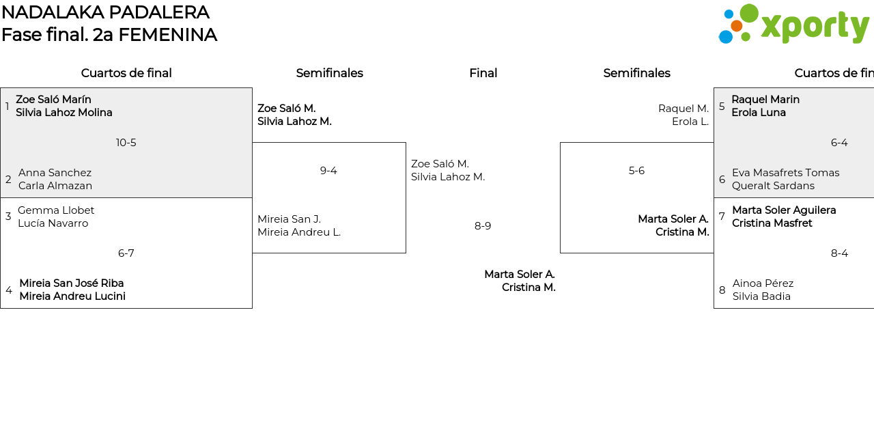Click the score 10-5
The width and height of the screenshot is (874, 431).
click(x=126, y=143)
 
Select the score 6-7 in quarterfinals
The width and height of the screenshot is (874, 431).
click(x=126, y=253)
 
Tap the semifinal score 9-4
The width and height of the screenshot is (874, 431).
click(x=328, y=171)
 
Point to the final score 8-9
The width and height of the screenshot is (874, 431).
click(x=483, y=226)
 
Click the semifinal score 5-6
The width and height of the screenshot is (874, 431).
click(x=636, y=171)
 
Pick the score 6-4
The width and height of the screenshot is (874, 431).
click(x=839, y=143)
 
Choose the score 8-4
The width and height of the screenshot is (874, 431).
click(x=839, y=253)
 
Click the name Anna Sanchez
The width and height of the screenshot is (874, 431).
click(x=55, y=173)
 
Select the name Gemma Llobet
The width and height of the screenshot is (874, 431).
click(x=56, y=210)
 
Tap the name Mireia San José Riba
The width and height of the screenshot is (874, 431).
click(x=72, y=283)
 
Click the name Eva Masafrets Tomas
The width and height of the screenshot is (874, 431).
click(x=785, y=173)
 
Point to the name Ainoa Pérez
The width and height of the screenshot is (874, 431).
click(x=763, y=283)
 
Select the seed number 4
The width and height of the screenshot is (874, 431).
click(x=9, y=290)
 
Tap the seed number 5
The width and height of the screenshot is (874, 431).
click(x=722, y=107)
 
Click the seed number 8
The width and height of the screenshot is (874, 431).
click(x=722, y=290)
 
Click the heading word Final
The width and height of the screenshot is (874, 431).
click(x=483, y=73)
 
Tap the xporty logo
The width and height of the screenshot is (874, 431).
click(x=794, y=25)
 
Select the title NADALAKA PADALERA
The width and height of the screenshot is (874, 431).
click(x=105, y=12)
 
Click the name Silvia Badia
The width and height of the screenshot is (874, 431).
click(x=761, y=296)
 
